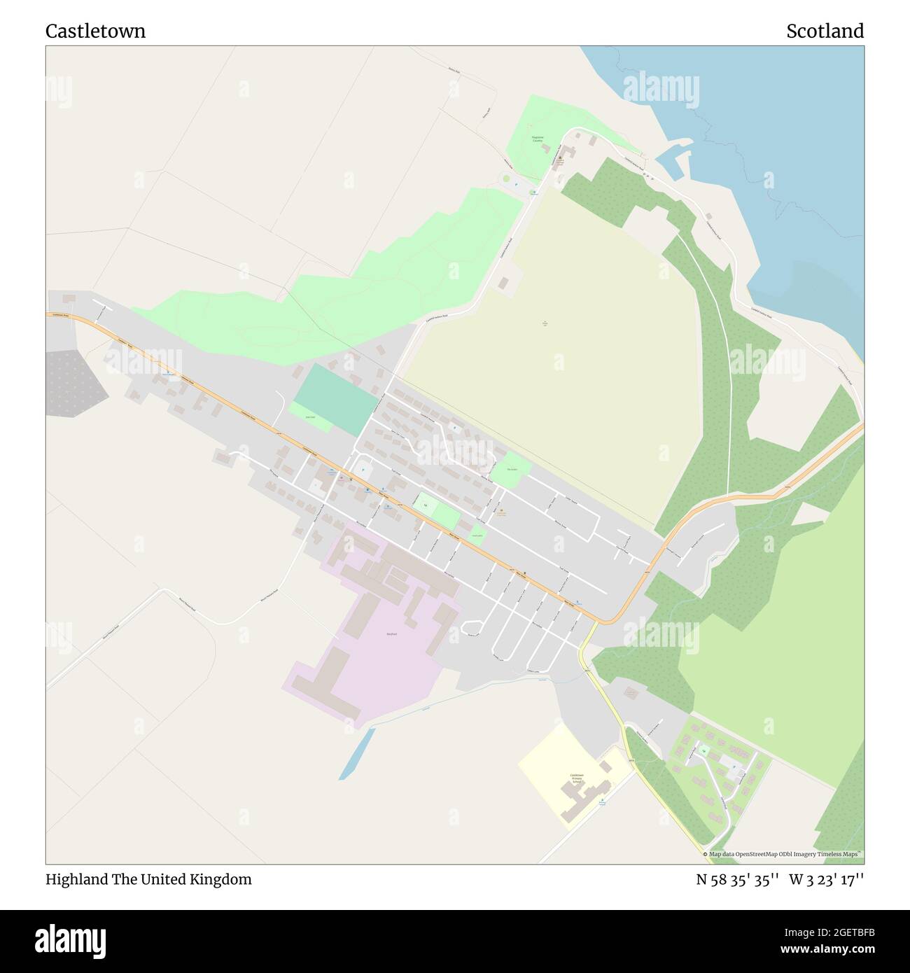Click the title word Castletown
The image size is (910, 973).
(x=95, y=31)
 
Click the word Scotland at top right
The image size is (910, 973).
(x=825, y=31)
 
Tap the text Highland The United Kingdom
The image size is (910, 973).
(x=148, y=879)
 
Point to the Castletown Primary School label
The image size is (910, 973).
(x=577, y=778)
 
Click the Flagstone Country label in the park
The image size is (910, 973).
(x=537, y=139)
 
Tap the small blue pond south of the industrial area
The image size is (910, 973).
(x=357, y=753)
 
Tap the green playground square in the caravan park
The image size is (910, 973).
(x=704, y=751)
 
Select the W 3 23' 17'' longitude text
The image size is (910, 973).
(x=826, y=879)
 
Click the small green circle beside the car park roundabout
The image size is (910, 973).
(x=506, y=179)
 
